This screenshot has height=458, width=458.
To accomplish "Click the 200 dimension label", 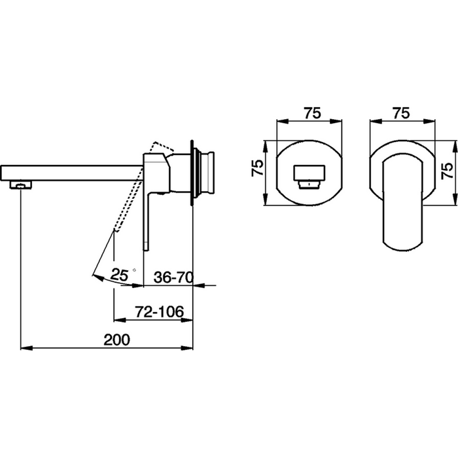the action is pyautogui.click(x=116, y=340).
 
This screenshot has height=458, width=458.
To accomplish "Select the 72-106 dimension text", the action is pyautogui.click(x=160, y=312).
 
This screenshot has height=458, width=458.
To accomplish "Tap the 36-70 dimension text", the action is pyautogui.click(x=173, y=277).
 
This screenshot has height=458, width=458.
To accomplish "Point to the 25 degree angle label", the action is pyautogui.click(x=120, y=275).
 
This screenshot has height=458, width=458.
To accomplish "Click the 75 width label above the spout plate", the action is pyautogui.click(x=313, y=113).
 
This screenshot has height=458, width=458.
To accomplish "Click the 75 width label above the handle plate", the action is pyautogui.click(x=401, y=113).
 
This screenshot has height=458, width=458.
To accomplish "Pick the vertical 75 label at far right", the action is pyautogui.click(x=448, y=171).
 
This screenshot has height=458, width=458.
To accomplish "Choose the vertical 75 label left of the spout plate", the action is pyautogui.click(x=258, y=168).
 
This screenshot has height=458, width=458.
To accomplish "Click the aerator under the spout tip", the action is pyautogui.click(x=20, y=185).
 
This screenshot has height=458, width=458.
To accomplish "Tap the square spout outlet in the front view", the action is pyautogui.click(x=309, y=178).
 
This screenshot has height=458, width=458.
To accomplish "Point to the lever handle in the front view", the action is pyautogui.click(x=402, y=202).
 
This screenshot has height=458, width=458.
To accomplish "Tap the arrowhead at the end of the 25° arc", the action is pyautogui.click(x=97, y=277).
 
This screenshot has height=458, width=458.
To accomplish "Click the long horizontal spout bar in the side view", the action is pyautogui.click(x=72, y=173).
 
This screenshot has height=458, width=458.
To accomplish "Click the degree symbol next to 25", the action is pyautogui.click(x=134, y=270).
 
